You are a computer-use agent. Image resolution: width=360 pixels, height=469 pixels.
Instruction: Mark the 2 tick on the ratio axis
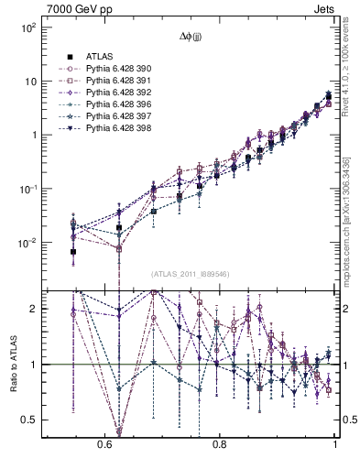tap(35, 310)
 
